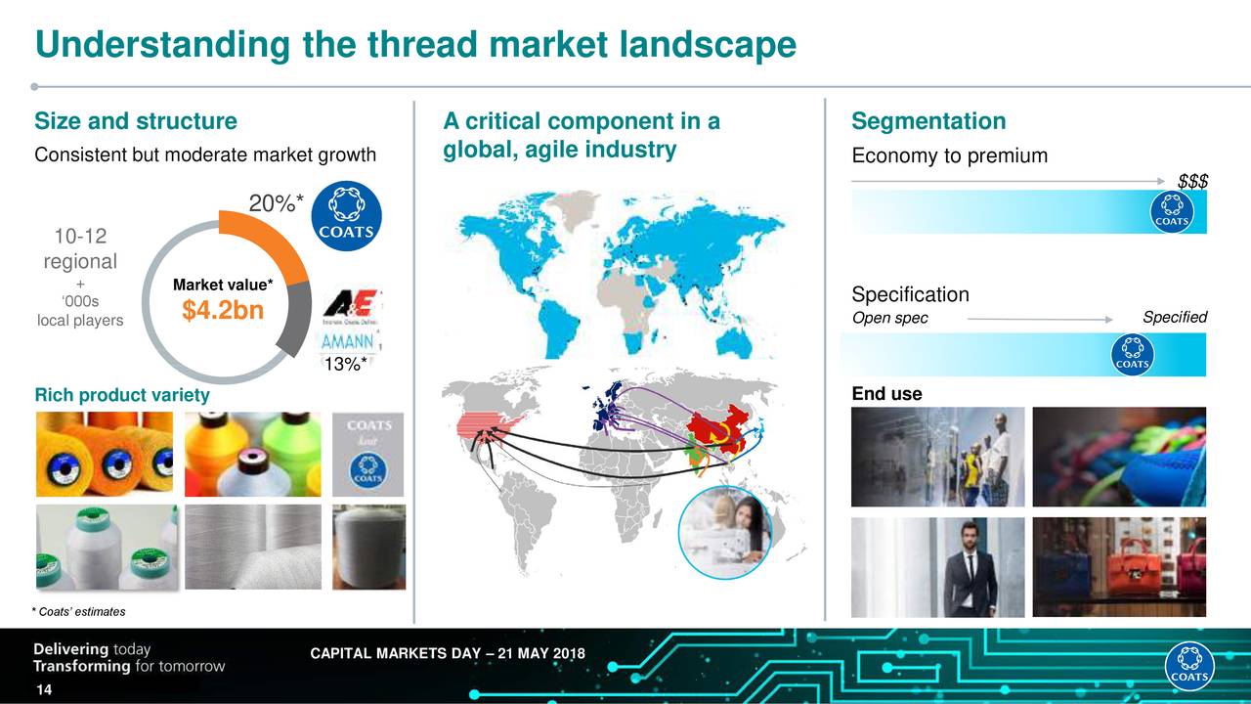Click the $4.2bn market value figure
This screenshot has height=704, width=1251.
point(223,313)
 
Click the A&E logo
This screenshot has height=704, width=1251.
point(352,305)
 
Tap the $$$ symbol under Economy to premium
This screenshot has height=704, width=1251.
point(1192,182)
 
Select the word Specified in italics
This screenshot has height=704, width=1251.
point(1175,318)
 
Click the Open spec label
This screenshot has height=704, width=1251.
point(889,319)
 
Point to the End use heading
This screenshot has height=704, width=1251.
point(886,394)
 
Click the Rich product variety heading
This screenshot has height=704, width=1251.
point(122,395)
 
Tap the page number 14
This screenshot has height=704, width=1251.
point(44,692)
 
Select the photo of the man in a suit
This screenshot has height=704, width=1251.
point(968,567)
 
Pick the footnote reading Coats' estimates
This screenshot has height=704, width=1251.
point(80,612)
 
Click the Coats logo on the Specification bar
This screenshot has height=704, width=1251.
point(1132,354)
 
